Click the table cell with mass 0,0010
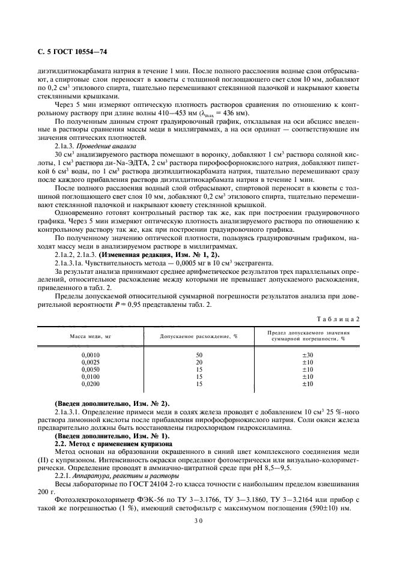(x=91, y=355)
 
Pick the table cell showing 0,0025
(x=91, y=362)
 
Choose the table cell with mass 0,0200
(x=91, y=384)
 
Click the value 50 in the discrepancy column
(x=199, y=355)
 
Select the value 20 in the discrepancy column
(x=199, y=362)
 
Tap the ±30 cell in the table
(x=308, y=355)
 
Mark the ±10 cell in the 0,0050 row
(x=308, y=369)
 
